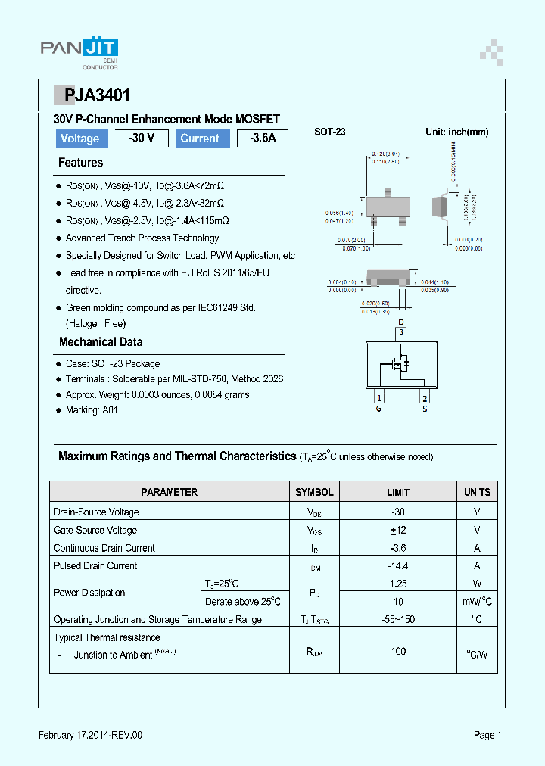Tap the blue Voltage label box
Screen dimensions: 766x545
pos(79,139)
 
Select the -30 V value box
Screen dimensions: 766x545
pos(142,138)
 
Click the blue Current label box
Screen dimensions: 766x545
pos(200,139)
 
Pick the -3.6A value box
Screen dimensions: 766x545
pos(263,139)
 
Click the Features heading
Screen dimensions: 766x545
pos(80,163)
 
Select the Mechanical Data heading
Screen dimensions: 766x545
pos(101,342)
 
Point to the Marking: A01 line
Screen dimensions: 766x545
pos(92,410)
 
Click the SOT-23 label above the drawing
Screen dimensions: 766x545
pos(330,132)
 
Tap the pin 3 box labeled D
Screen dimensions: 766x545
pos(401,332)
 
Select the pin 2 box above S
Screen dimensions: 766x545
pos(425,398)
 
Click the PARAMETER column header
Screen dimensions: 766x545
pos(170,492)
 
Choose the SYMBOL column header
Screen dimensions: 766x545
pos(314,492)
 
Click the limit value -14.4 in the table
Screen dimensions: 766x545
pos(398,565)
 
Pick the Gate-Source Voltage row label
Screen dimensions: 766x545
pos(95,530)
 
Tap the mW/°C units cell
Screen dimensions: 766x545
pos(477,602)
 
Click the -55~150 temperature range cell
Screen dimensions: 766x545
pos(398,619)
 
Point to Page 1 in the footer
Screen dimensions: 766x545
pos(487,735)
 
